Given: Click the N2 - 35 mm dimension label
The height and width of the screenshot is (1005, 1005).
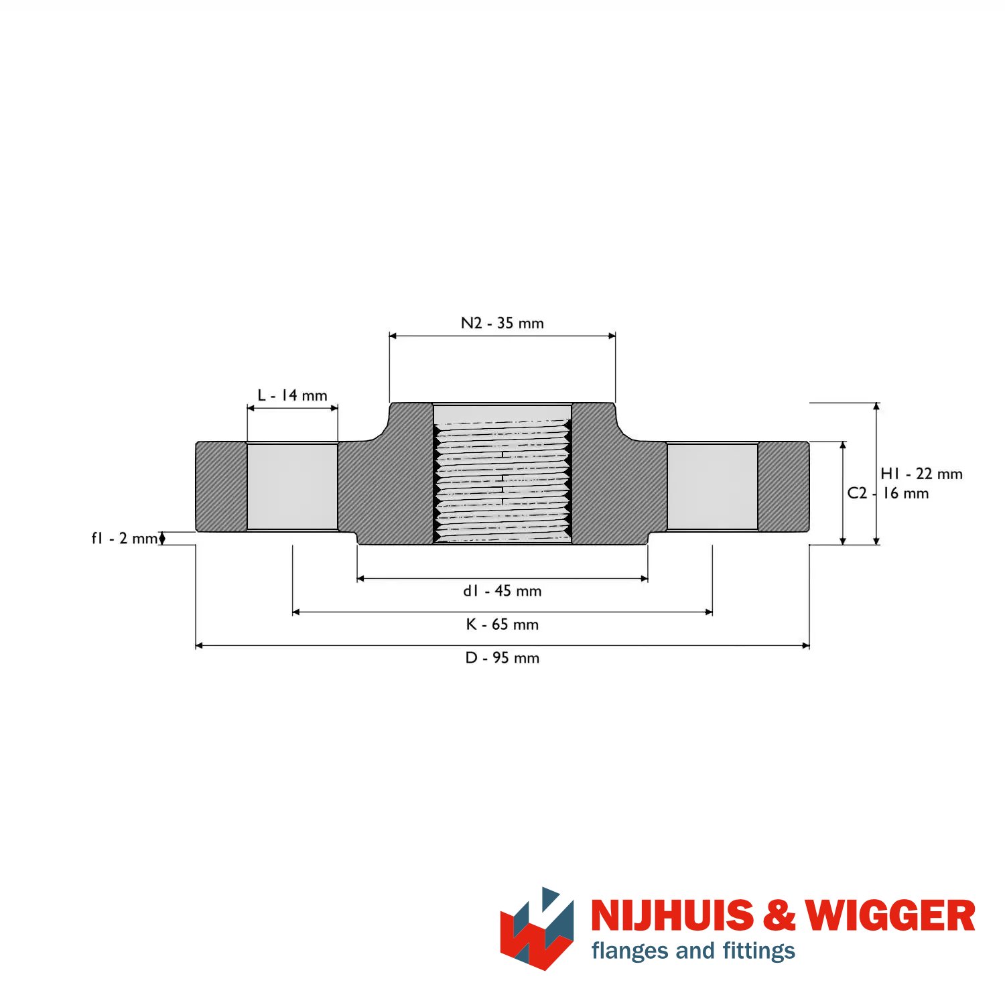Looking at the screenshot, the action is point(503,323).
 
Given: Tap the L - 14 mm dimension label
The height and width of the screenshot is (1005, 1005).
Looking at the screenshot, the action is point(293,395).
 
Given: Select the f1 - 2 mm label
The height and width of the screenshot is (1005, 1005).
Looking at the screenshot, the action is point(125,538).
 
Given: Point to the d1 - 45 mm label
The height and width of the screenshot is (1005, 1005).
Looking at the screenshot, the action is point(503,591).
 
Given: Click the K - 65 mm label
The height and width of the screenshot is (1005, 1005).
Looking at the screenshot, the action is point(503,624).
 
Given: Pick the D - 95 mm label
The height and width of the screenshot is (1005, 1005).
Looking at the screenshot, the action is point(503,658).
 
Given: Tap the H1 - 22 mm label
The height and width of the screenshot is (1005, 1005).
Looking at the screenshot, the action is point(922,474).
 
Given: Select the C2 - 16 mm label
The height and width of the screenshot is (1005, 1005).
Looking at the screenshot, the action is point(888,493).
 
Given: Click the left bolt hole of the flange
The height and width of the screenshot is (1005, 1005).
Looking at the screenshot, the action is point(293,486).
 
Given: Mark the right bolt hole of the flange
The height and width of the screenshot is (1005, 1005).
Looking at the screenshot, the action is point(712,486).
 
